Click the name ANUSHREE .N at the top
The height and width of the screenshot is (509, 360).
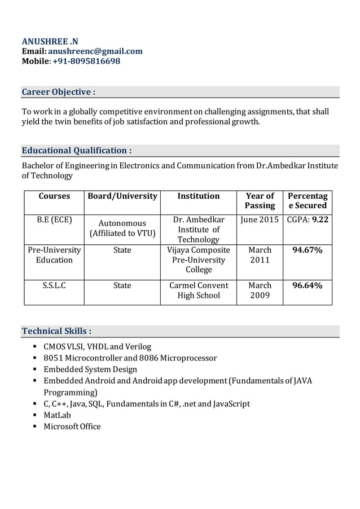click(x=50, y=41)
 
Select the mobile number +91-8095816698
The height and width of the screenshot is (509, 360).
click(x=86, y=60)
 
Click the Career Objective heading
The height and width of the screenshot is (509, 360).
click(x=58, y=91)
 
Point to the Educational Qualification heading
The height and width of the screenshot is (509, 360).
click(x=77, y=150)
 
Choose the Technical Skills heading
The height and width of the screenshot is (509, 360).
click(x=56, y=331)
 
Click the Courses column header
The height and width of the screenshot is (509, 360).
click(x=54, y=196)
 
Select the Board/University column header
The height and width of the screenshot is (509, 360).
click(x=122, y=196)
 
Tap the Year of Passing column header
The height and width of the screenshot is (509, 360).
click(x=260, y=200)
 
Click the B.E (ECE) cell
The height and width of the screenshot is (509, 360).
click(x=54, y=220)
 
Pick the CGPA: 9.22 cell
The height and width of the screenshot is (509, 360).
click(x=308, y=220)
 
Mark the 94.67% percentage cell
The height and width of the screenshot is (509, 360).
click(x=308, y=250)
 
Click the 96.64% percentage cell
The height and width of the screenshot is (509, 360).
click(x=308, y=286)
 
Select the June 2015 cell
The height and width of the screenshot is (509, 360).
click(x=260, y=220)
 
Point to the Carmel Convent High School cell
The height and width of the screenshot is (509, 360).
click(x=199, y=290)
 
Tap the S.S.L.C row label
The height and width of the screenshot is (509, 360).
click(x=54, y=286)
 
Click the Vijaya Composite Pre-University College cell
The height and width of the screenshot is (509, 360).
click(x=199, y=260)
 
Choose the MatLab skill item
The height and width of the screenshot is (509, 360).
click(x=58, y=415)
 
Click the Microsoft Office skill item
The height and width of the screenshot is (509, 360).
click(x=72, y=426)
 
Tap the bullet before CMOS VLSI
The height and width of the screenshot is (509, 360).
click(x=35, y=346)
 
